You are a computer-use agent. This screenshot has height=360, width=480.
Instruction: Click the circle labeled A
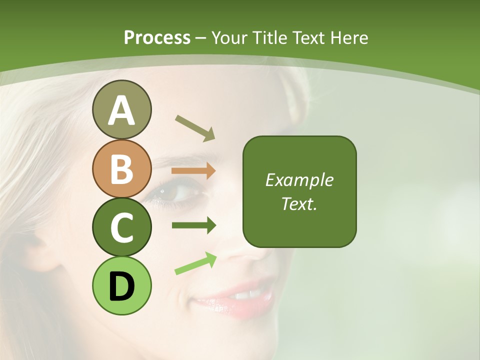tap(121, 110)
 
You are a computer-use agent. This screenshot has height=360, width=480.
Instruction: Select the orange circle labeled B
tap(121, 168)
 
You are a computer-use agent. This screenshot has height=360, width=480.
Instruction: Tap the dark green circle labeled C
tap(121, 227)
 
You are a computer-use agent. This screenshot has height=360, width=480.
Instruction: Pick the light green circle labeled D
tap(121, 285)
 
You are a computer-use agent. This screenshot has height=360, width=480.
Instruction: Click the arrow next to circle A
tap(195, 127)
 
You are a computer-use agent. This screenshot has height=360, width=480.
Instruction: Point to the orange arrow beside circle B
tap(193, 171)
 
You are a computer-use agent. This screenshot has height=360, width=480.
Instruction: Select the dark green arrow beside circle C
tap(193, 225)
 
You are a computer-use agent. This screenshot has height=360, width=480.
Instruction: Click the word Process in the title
tap(157, 37)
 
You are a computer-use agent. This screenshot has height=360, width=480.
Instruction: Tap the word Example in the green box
tap(299, 180)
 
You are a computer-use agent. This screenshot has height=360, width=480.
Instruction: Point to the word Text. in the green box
tap(299, 203)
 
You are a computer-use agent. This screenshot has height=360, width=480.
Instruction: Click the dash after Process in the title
tap(201, 38)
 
